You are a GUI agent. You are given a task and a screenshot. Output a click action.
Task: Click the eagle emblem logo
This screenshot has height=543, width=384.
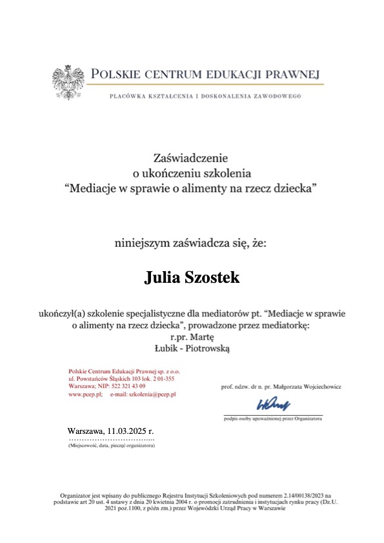(69, 81)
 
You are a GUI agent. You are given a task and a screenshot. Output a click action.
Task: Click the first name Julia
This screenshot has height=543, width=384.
(163, 278)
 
